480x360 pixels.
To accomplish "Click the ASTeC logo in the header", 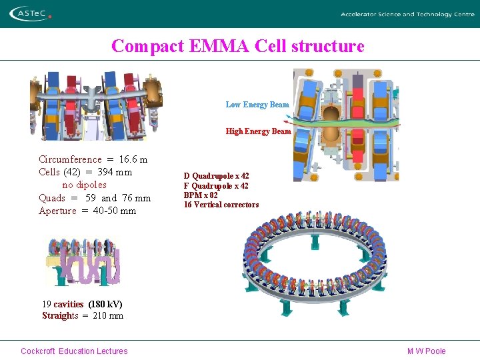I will (30, 13).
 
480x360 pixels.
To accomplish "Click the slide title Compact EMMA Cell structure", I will (238, 46).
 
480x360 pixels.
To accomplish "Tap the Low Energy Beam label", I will (257, 105).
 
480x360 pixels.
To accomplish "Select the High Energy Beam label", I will (258, 131).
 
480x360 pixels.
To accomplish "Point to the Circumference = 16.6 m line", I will (93, 159).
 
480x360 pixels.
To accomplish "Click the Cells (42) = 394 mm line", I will (85, 172).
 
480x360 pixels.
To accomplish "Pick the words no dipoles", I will (84, 185).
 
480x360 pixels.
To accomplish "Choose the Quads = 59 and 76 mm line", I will (95, 198).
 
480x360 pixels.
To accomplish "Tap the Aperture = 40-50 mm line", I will (87, 211).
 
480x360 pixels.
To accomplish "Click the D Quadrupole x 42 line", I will (216, 176).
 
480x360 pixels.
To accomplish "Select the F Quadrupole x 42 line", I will (216, 186).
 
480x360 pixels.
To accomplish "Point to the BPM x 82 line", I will (201, 195).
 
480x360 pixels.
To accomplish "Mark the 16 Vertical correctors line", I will (221, 205).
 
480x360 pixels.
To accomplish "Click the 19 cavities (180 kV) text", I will (82, 304).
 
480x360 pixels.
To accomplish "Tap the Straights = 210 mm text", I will (83, 315).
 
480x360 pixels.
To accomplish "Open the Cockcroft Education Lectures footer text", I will (74, 351).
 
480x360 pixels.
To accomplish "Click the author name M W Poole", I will (426, 351).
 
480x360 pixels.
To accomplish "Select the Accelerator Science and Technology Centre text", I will (407, 14).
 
